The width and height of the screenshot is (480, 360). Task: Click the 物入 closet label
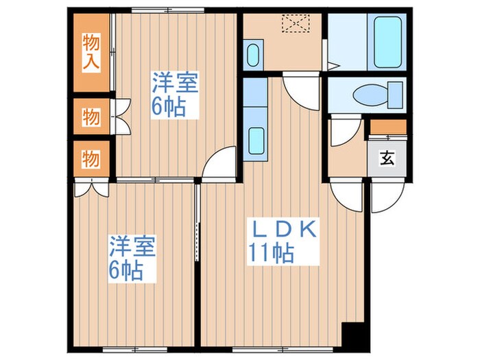[x=91, y=52]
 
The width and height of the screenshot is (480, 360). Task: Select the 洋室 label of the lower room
[x=132, y=247]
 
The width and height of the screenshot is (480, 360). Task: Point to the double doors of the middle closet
[x=121, y=117]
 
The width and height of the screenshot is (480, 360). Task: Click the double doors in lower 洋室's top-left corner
[x=91, y=189]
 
